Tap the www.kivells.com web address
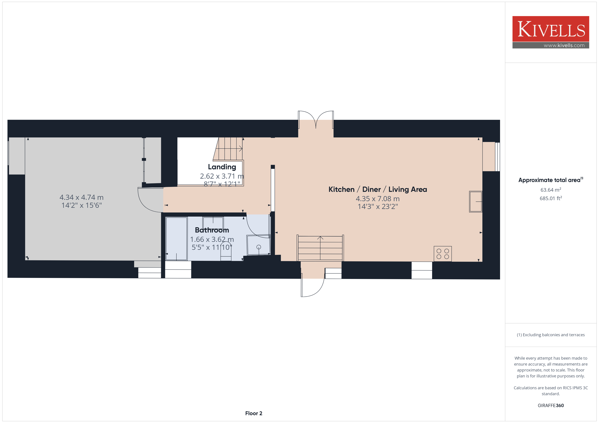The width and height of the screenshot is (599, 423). coord(564,45)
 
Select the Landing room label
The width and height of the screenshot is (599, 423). coord(222,167)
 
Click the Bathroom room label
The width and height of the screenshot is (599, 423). coord(212,230)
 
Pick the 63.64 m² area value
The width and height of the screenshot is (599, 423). coord(551,190)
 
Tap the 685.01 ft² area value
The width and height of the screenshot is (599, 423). coord(551,198)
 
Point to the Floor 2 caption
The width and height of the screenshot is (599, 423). coord(254,413)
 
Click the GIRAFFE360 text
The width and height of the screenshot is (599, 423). coord(551,405)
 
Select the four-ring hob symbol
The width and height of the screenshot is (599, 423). coord(443,254)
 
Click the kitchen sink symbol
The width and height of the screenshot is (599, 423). coord(476,202)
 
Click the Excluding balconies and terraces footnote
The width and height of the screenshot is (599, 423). coord(551,335)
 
